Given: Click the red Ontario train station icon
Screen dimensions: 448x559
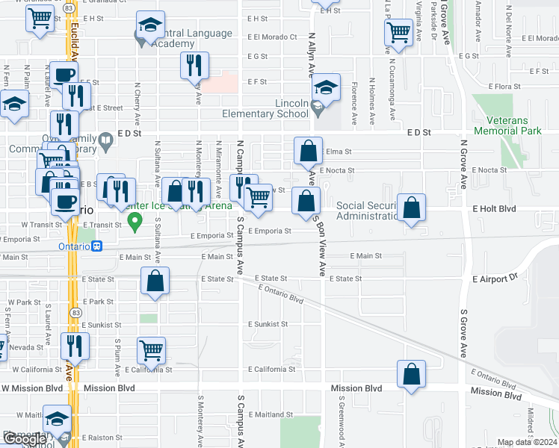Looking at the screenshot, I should (97, 246).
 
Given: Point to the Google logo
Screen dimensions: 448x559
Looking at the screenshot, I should (24, 439).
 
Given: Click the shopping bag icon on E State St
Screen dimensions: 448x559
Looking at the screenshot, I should (155, 281).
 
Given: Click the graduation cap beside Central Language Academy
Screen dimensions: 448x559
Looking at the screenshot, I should (151, 26).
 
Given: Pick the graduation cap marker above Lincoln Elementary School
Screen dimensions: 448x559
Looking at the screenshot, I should (327, 87).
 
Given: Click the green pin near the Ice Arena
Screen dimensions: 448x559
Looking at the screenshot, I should (135, 220).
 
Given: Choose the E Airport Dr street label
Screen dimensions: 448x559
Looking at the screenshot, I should (495, 278).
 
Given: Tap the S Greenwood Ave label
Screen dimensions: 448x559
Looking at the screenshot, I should (340, 421).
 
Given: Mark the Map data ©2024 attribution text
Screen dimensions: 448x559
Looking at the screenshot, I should (528, 442).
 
